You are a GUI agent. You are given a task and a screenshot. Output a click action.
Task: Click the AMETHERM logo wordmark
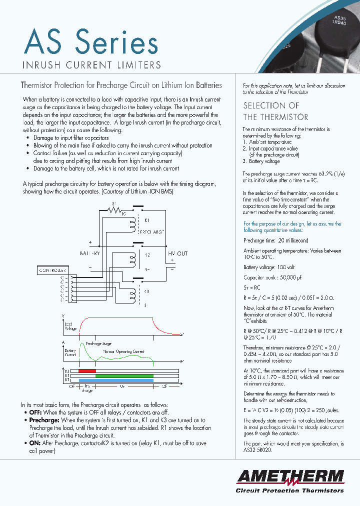click(x=290, y=476)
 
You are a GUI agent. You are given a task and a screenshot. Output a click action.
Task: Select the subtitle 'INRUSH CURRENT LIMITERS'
click(x=92, y=65)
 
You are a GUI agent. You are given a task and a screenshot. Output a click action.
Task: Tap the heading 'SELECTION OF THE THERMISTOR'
click(x=275, y=111)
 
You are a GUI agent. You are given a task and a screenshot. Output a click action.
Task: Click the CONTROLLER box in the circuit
click(x=52, y=270)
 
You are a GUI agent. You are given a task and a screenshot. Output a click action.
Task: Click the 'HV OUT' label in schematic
click(x=177, y=253)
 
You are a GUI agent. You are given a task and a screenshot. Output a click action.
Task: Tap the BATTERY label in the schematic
click(x=90, y=253)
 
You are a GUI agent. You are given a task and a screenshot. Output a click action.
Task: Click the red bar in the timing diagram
click(x=87, y=371)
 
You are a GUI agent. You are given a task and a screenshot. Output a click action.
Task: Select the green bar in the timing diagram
click(x=124, y=376)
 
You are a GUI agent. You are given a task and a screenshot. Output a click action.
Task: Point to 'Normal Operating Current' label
click(x=123, y=351)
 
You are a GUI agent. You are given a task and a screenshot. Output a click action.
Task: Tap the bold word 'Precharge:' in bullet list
click(x=44, y=420)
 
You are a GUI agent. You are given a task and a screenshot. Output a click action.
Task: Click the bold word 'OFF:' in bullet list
click(x=35, y=412)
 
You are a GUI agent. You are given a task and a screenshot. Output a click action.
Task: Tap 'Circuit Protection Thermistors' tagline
click(x=289, y=490)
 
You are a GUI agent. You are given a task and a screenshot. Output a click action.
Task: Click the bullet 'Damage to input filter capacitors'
click(x=70, y=137)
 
